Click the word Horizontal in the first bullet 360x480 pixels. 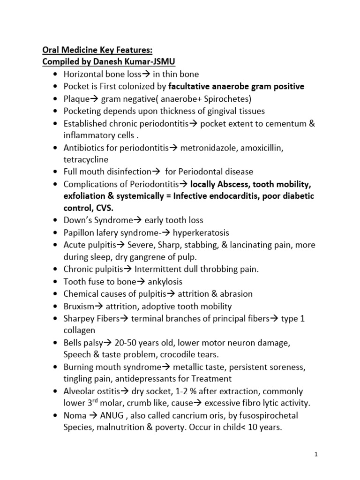click(84, 74)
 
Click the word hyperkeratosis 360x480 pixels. click(201, 232)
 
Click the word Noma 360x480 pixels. click(74, 416)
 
